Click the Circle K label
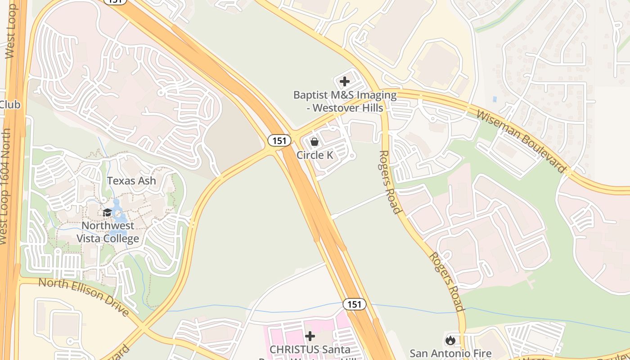[315, 155]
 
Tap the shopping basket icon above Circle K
[315, 142]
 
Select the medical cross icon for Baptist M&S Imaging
[345, 81]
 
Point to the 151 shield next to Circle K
[279, 140]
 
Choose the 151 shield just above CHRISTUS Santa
[354, 304]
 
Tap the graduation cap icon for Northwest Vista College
[107, 212]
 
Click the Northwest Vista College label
[108, 232]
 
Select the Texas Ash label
[131, 181]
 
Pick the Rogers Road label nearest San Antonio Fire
[446, 281]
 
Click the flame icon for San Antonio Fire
[450, 341]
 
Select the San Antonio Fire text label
[450, 354]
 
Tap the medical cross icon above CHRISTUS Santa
[310, 336]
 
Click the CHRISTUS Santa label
[310, 350]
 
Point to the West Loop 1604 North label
[5, 186]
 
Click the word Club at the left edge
[10, 104]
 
